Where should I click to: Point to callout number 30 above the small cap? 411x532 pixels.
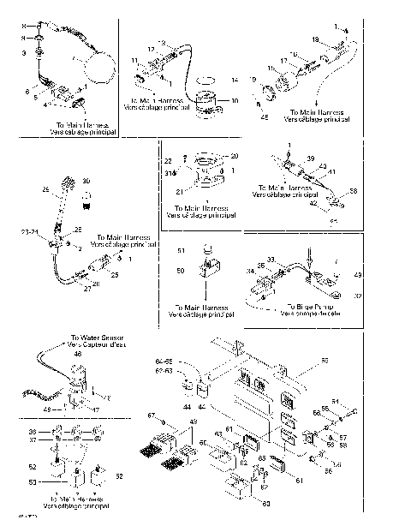(86, 181)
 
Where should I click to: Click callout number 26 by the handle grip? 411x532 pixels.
(45, 189)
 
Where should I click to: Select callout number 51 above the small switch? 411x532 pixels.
(181, 249)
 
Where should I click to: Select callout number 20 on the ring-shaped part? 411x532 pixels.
(235, 156)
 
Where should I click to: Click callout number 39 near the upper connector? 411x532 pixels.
(313, 158)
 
